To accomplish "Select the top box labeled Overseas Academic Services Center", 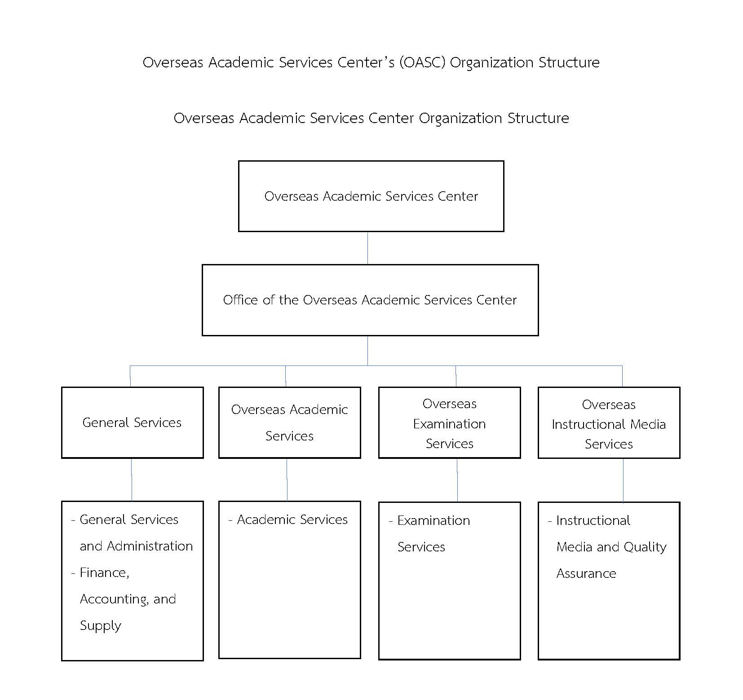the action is (x=371, y=196).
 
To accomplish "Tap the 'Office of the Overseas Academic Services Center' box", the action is (x=370, y=300).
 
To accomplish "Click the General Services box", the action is (x=133, y=423).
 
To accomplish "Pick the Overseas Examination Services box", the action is (x=450, y=423).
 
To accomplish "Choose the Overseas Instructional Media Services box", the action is (x=609, y=423).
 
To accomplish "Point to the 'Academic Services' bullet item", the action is (x=288, y=519).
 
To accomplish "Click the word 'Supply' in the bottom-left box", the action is (x=101, y=626).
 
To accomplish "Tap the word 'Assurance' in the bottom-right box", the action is (x=586, y=573).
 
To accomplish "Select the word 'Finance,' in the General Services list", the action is (x=105, y=573).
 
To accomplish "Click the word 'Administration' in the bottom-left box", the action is (x=150, y=546).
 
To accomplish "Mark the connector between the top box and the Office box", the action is (x=368, y=248).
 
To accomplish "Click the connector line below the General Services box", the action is (x=132, y=480).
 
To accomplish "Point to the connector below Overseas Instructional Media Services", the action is (x=623, y=480).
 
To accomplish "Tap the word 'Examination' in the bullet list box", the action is (x=434, y=520).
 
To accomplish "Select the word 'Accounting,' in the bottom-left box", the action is (x=115, y=599).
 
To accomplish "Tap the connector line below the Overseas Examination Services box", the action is (x=457, y=480).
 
